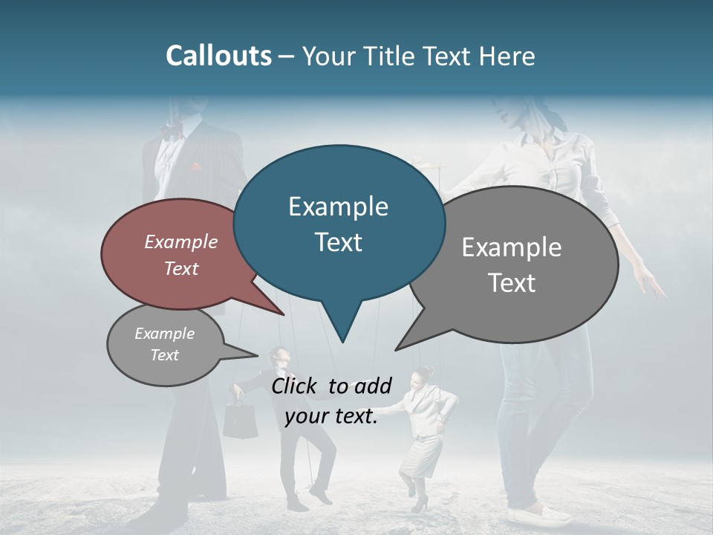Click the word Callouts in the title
[218, 56]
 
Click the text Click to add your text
[331, 401]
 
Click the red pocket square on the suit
[195, 166]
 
